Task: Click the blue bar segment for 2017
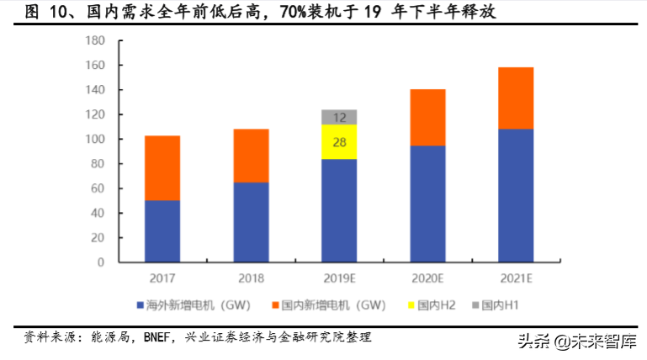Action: click(162, 231)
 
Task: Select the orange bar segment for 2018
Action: click(251, 156)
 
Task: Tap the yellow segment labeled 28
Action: click(339, 142)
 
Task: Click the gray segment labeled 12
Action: click(339, 117)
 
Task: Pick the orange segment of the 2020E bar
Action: click(427, 118)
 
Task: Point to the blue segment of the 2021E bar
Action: click(516, 195)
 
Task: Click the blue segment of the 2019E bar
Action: click(339, 210)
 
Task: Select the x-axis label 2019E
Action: click(339, 278)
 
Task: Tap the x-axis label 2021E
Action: click(516, 278)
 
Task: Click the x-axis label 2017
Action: click(162, 278)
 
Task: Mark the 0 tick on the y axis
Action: click(100, 262)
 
